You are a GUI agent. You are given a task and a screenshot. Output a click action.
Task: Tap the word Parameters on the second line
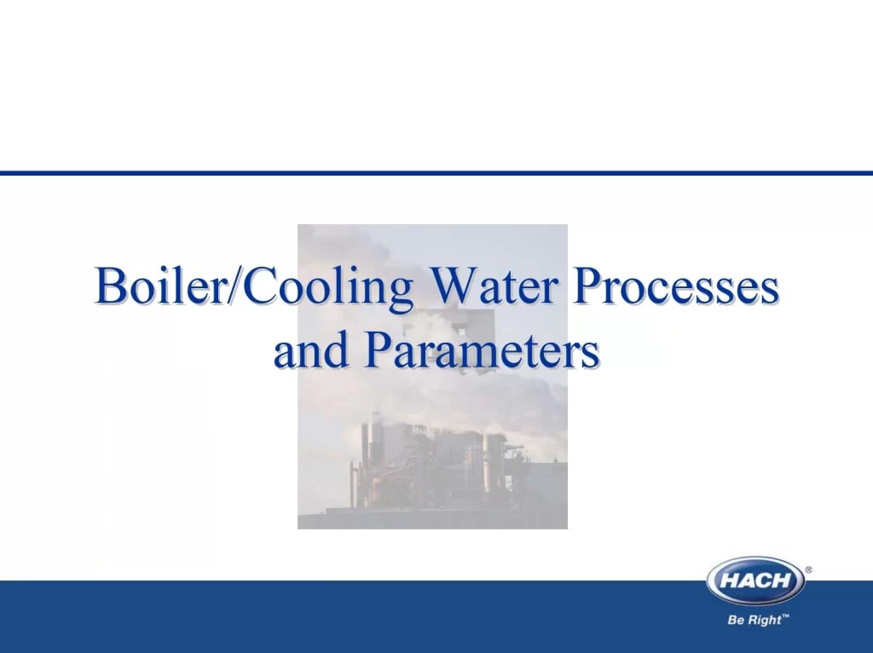tap(483, 350)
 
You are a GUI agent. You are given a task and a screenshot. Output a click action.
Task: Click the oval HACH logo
tap(755, 581)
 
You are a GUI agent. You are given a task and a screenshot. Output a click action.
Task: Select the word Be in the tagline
tap(736, 620)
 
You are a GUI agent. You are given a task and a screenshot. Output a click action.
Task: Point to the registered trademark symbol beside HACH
tap(808, 569)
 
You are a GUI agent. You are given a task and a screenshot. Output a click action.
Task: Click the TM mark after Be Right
tap(785, 616)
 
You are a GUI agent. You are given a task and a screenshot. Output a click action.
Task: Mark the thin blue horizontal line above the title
tap(436, 173)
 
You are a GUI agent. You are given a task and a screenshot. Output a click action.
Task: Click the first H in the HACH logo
tap(728, 581)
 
